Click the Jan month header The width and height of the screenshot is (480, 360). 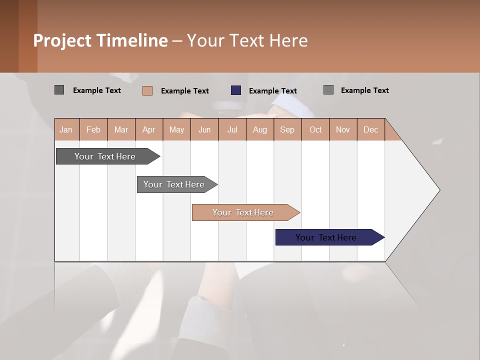[66, 129]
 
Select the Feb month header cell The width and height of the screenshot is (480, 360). [93, 129]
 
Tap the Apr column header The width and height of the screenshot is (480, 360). [148, 129]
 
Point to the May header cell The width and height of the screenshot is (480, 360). [176, 129]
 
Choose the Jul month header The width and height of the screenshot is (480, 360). [232, 129]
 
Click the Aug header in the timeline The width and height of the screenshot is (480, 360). [259, 129]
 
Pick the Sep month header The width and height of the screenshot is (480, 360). [287, 129]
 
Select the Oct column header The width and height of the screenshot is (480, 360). [315, 129]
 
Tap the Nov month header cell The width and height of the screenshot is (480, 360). [343, 129]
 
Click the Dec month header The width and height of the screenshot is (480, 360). [370, 129]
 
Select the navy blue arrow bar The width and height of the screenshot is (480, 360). [326, 237]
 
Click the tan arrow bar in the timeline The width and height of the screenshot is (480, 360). [243, 212]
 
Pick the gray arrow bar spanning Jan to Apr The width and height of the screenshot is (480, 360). [105, 156]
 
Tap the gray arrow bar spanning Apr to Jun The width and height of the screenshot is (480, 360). [174, 184]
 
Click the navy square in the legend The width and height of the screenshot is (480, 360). [236, 90]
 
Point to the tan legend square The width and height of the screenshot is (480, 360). [147, 90]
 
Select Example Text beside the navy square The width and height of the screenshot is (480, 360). [273, 91]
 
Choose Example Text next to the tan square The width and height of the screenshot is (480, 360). [185, 91]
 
